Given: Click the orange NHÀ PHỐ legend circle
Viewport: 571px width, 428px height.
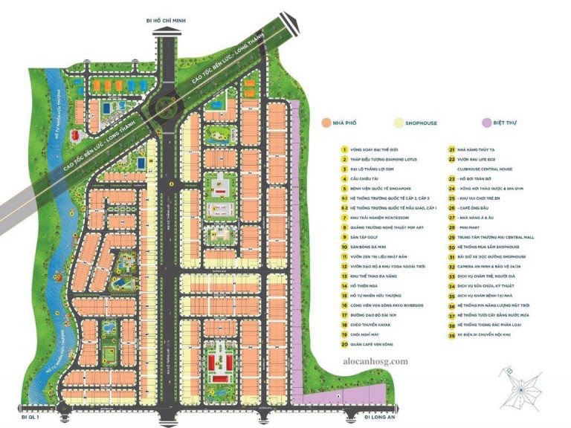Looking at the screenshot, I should pos(326,123).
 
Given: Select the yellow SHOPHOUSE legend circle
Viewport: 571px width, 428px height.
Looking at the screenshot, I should pos(400,123).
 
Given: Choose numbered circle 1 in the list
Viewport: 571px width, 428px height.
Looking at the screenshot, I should pos(344,149).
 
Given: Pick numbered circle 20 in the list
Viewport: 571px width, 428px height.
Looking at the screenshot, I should pos(344,344).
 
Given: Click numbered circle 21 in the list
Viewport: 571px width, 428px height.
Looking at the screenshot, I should pos(451,149).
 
